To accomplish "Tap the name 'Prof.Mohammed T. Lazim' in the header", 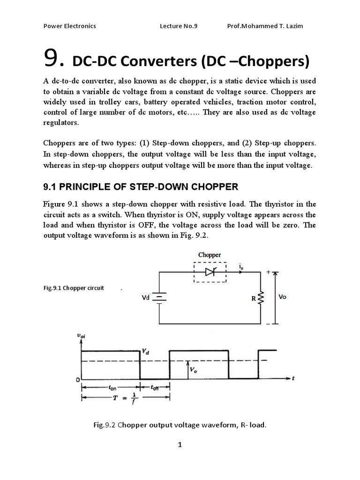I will pyautogui.click(x=264, y=26).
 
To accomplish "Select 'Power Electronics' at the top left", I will pyautogui.click(x=69, y=26).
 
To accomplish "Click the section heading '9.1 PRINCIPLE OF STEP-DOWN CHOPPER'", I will pyautogui.click(x=141, y=187).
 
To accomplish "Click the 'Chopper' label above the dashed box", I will pyautogui.click(x=210, y=255).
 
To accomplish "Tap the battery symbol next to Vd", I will pyautogui.click(x=160, y=297).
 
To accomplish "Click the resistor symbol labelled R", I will pyautogui.click(x=261, y=297).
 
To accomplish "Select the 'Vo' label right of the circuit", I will pyautogui.click(x=282, y=297).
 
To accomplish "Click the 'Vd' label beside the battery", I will pyautogui.click(x=146, y=297).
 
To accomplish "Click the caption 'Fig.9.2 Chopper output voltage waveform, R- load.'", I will pyautogui.click(x=180, y=425).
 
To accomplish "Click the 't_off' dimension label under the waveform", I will pyautogui.click(x=155, y=388).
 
